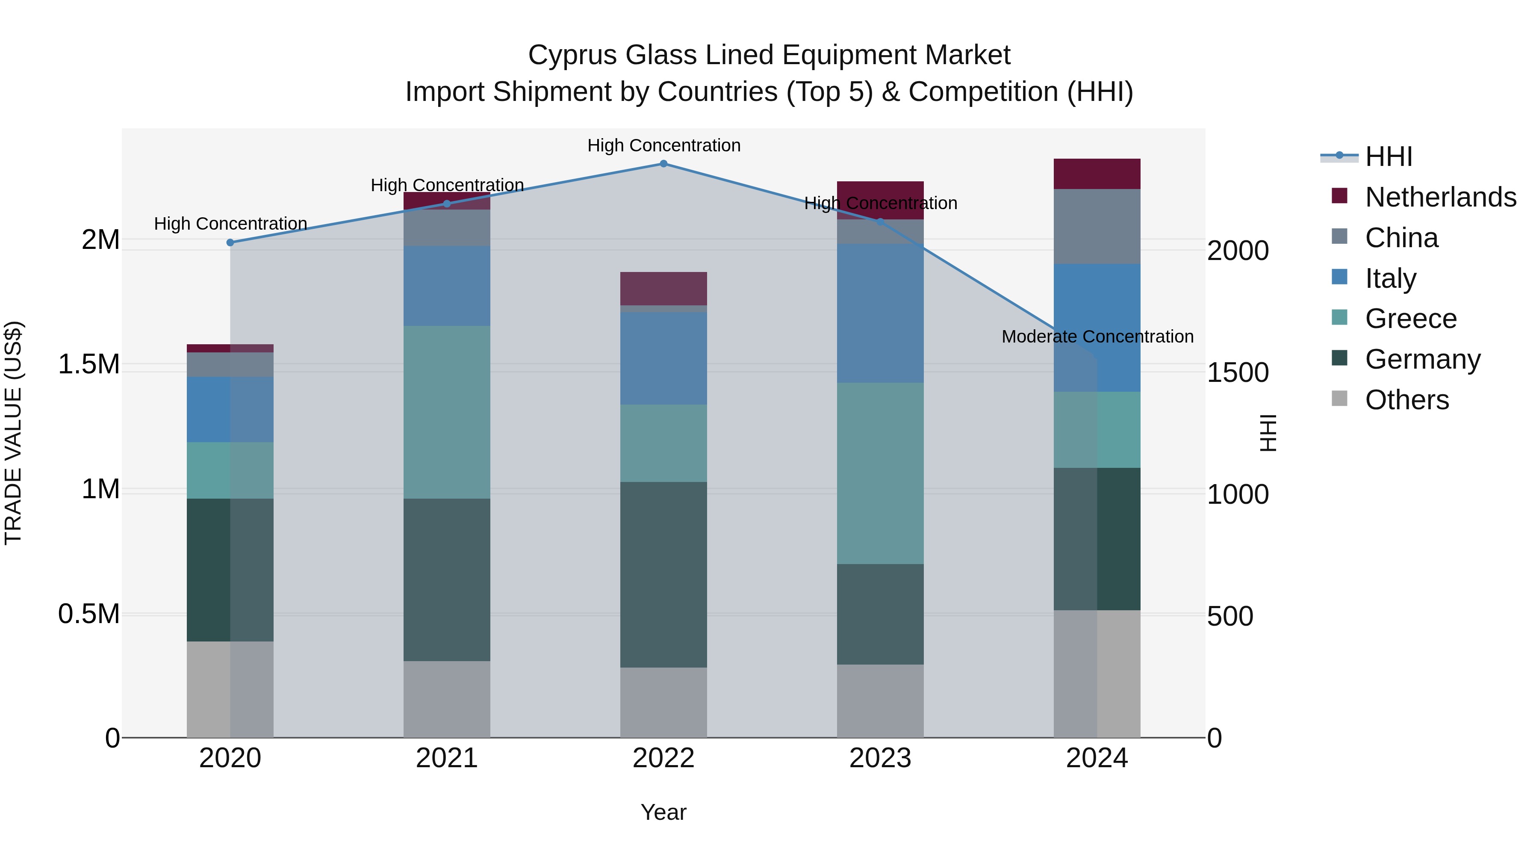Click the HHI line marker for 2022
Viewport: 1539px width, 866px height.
[x=663, y=163]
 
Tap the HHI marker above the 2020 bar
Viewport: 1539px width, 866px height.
[x=230, y=242]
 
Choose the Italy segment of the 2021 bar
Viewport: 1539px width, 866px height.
[x=446, y=286]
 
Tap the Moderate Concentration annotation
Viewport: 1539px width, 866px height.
[x=1097, y=337]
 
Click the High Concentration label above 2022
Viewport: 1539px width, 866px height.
[x=663, y=145]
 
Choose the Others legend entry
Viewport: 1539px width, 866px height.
[x=1406, y=400]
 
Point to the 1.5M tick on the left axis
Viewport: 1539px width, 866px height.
[x=88, y=364]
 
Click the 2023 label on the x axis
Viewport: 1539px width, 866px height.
[x=880, y=758]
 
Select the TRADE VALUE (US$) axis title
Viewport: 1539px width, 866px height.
[x=13, y=433]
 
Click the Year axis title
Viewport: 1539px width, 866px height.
[x=663, y=812]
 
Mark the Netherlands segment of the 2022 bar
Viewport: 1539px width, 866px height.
[x=663, y=288]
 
